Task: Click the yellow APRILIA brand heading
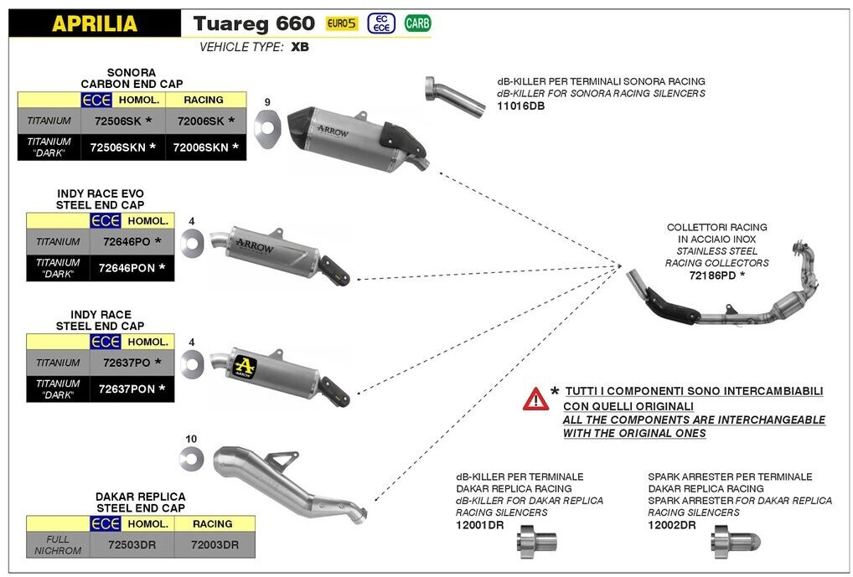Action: [x=95, y=23]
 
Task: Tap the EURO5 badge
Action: [x=341, y=23]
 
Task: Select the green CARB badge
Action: [x=416, y=23]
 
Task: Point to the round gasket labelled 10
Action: [x=191, y=457]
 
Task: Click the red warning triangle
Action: [x=535, y=399]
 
